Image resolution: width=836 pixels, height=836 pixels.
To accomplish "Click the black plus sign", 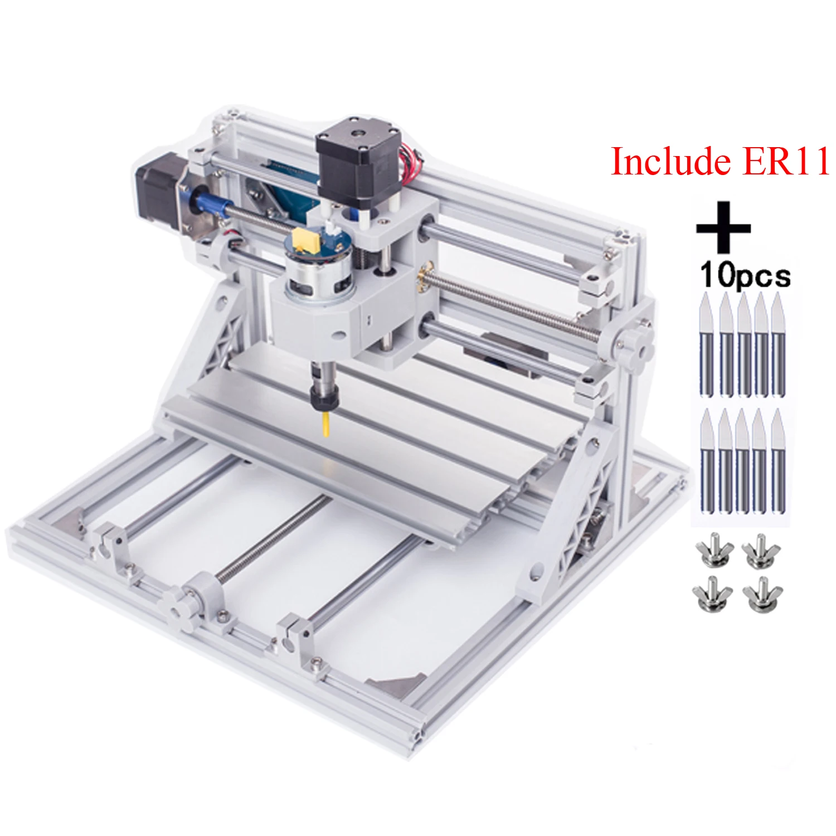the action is pos(723,227).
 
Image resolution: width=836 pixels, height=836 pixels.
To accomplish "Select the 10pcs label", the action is pos(745,275).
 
